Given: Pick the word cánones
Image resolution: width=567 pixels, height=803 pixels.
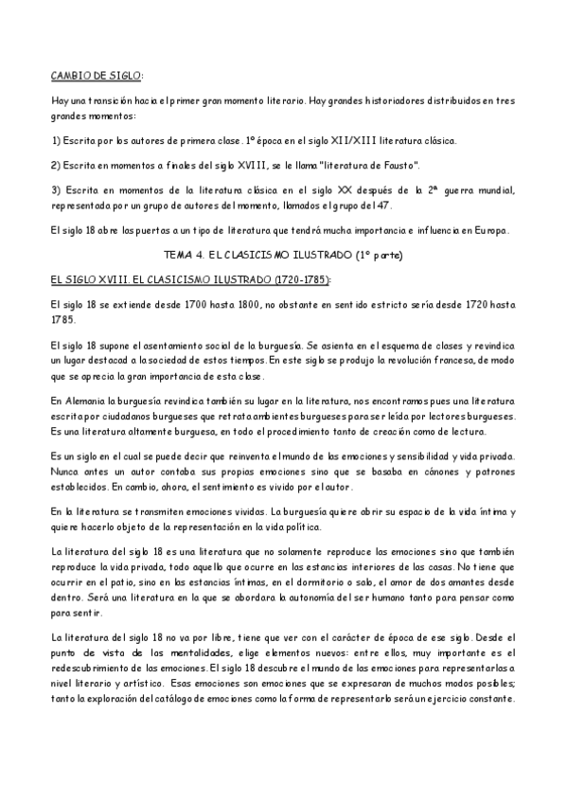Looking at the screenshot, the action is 431,471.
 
